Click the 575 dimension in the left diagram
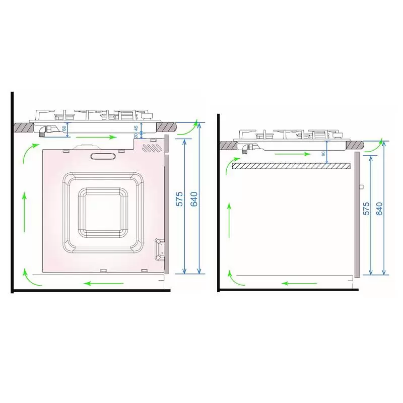(179, 198)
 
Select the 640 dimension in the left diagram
(194, 199)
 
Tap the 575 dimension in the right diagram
(366, 209)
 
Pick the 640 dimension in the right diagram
(379, 209)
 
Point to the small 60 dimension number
(64, 127)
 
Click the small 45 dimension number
(136, 128)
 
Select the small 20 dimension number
(136, 135)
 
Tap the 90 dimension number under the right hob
(323, 154)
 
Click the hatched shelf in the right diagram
(291, 166)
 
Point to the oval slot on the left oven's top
(103, 156)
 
